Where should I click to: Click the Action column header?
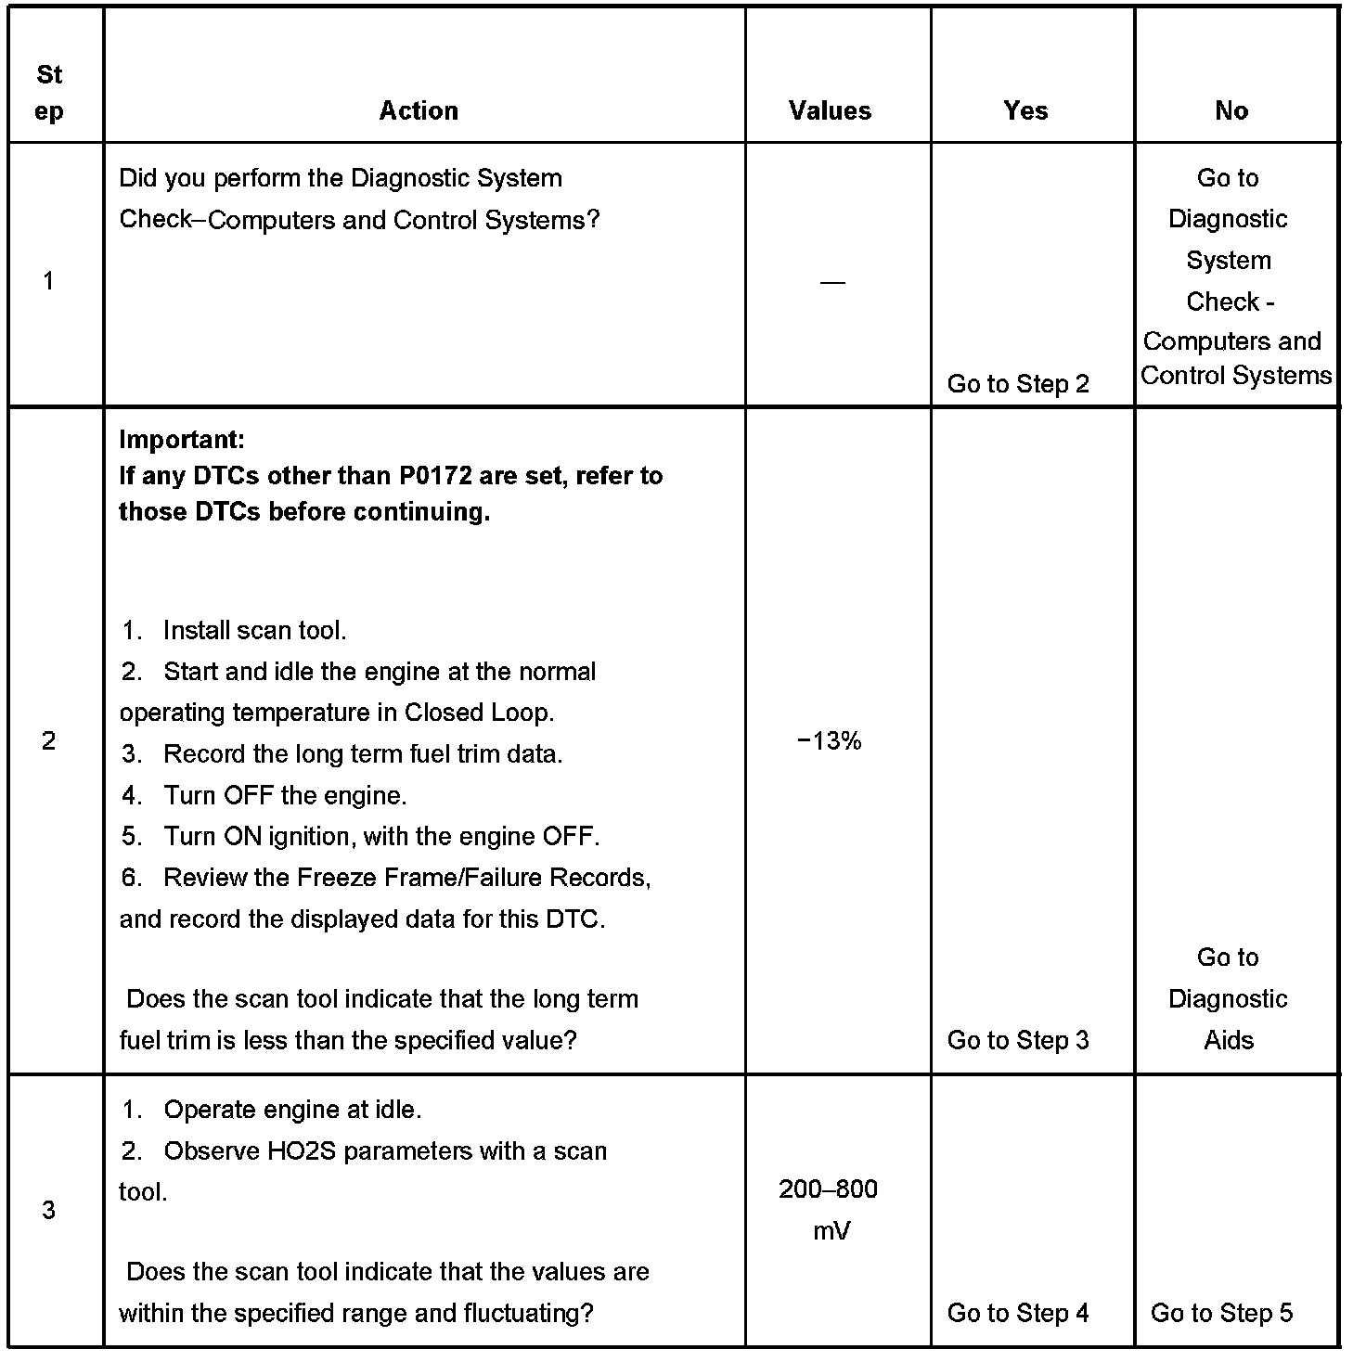(x=419, y=110)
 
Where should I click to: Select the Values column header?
(x=830, y=110)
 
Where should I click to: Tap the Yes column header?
(x=1025, y=110)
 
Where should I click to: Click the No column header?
(x=1231, y=110)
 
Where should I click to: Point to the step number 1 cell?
(x=49, y=280)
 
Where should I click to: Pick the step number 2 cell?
(x=49, y=740)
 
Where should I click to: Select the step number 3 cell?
(x=49, y=1210)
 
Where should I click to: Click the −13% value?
(x=830, y=740)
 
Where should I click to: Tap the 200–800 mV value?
(x=829, y=1210)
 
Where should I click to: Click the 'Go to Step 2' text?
(x=1018, y=383)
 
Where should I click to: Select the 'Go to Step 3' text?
(x=1018, y=1040)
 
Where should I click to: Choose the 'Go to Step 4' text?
(x=1018, y=1313)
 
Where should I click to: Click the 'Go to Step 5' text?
(x=1221, y=1313)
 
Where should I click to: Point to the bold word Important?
(x=182, y=439)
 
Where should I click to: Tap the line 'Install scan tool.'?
(x=254, y=631)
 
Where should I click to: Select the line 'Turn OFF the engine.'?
(x=285, y=795)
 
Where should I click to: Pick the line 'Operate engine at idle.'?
(x=292, y=1110)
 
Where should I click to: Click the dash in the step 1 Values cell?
(x=832, y=282)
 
